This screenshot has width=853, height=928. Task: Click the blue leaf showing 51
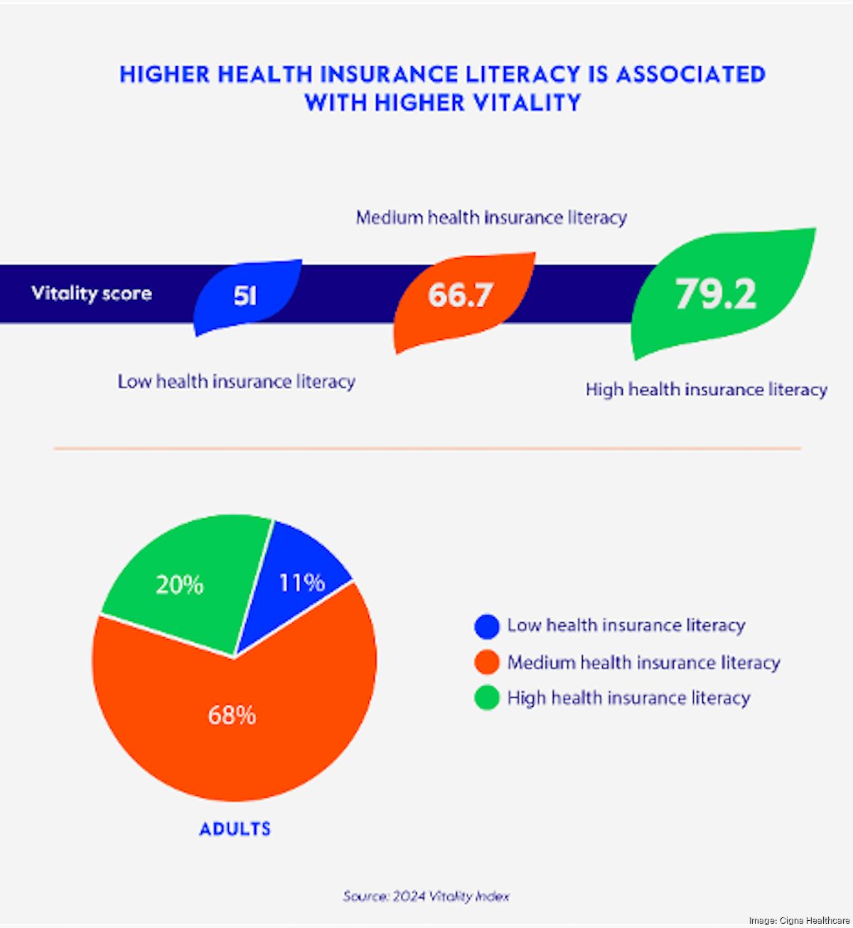(246, 295)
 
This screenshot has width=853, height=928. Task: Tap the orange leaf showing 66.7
(461, 296)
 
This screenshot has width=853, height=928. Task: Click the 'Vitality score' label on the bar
(92, 293)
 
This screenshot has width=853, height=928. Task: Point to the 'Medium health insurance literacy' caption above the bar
(491, 217)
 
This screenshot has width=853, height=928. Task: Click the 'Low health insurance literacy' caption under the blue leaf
(236, 382)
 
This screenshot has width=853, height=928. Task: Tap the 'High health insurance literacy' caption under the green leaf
(706, 390)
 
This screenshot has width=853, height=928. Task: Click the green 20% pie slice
(181, 585)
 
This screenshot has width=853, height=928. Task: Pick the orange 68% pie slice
(232, 715)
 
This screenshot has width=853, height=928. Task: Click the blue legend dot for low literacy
(487, 626)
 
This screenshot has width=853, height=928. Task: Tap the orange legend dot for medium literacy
(487, 663)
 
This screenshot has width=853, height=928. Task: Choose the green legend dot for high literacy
(487, 698)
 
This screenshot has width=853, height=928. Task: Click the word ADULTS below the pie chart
(235, 829)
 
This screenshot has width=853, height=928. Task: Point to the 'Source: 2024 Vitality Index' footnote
(426, 896)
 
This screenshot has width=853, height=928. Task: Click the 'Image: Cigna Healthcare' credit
(799, 921)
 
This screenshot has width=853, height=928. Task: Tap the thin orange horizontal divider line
(426, 449)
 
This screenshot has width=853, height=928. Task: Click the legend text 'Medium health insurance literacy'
(643, 663)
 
